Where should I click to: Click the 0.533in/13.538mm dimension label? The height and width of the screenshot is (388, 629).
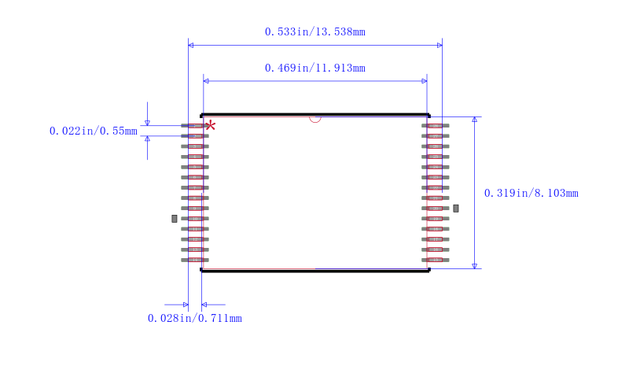(315, 31)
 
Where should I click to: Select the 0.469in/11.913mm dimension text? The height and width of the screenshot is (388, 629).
(315, 68)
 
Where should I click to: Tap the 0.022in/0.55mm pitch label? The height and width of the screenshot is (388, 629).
(94, 131)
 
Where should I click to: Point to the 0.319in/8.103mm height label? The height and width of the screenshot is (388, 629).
(532, 193)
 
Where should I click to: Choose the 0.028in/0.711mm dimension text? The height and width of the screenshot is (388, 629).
(194, 318)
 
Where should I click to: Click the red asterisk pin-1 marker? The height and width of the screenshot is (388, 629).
(210, 126)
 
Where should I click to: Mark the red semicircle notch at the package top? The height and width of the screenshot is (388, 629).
(315, 120)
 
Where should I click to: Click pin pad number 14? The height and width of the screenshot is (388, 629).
(195, 260)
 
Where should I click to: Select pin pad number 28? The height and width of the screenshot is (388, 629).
(436, 126)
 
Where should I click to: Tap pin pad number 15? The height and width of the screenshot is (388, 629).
(436, 260)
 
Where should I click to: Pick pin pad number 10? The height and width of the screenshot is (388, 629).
(195, 219)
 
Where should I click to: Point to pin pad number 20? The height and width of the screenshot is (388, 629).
(436, 209)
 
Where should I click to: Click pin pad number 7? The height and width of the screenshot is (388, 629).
(195, 187)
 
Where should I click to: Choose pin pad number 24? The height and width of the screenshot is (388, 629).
(436, 167)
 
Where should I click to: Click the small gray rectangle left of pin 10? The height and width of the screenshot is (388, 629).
(174, 219)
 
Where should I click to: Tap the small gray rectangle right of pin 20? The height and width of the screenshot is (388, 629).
(456, 209)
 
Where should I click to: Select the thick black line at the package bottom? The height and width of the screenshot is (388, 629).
(315, 271)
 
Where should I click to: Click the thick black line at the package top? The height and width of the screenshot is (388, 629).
(315, 115)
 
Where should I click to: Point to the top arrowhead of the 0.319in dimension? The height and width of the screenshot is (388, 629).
(475, 120)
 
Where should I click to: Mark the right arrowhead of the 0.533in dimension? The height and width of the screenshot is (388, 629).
(440, 46)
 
